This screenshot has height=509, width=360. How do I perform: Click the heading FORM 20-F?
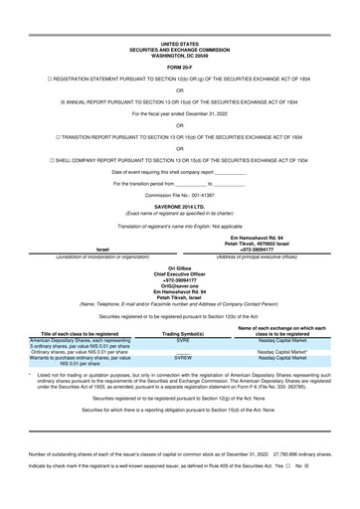click(x=179, y=39)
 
